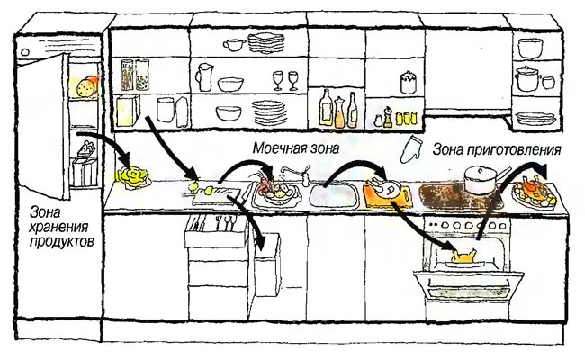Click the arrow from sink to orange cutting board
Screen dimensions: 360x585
tap(355, 169)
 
